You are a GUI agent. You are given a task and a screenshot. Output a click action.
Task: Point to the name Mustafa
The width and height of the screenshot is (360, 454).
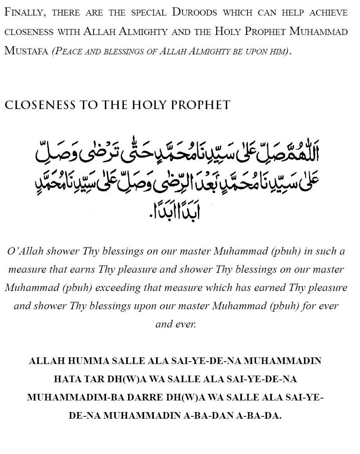26,51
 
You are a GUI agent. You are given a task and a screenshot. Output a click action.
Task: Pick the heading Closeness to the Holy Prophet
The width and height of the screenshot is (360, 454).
117,105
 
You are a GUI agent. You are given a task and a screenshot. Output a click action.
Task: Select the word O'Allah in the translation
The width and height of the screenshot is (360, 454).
25,251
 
